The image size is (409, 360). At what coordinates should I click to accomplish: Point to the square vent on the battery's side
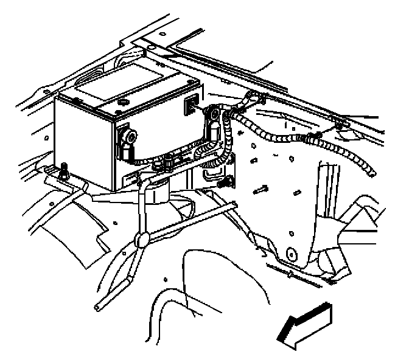[191, 105]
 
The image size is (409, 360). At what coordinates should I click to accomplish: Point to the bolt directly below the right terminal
[226, 181]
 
